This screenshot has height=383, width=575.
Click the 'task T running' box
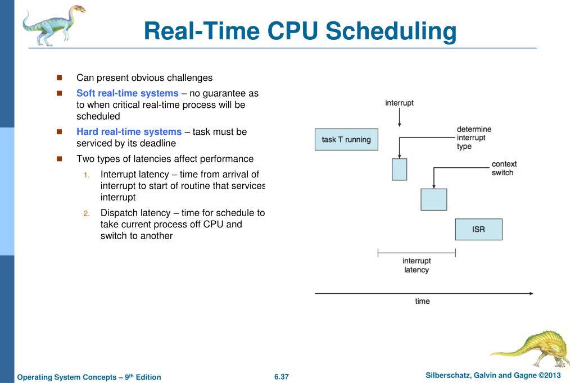tap(346, 139)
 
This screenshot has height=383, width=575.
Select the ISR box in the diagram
tap(478, 229)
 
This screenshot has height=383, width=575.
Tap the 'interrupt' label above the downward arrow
tap(399, 103)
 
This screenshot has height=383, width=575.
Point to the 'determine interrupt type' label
tap(474, 138)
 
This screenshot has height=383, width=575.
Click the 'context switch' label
tap(504, 168)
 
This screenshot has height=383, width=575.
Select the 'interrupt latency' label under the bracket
tap(416, 265)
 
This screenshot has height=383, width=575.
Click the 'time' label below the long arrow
tap(422, 302)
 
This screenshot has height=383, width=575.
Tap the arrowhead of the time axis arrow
tap(531, 293)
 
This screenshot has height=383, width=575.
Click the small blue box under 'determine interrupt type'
tap(399, 169)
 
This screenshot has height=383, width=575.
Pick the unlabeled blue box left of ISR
tap(434, 199)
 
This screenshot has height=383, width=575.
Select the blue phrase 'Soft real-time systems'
tap(127, 93)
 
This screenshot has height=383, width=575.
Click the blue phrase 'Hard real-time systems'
tap(129, 132)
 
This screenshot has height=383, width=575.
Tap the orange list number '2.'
tap(87, 213)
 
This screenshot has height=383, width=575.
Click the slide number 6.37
tap(281, 376)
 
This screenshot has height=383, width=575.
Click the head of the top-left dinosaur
tap(78, 10)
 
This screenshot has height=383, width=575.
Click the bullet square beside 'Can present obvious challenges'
tap(60, 78)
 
